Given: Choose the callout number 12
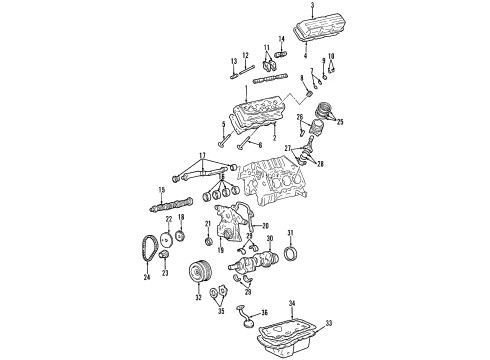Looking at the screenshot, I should [x=246, y=55].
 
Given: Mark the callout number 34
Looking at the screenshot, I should [x=293, y=301].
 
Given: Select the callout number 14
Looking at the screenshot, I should [x=280, y=39].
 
